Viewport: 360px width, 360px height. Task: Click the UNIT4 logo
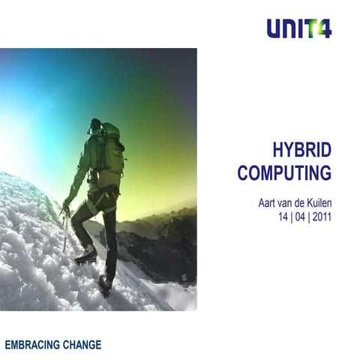[298, 29]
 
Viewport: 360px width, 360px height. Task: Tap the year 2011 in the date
[319, 217]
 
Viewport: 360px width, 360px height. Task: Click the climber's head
[96, 126]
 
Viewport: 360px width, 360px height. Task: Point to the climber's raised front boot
[86, 256]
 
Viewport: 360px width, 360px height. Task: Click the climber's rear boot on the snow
[106, 283]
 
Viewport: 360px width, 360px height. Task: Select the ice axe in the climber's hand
[65, 229]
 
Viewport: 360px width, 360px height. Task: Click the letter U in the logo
[274, 29]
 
